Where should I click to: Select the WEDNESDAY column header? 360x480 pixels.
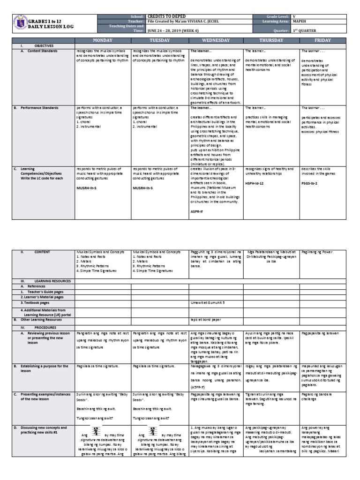216,41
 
